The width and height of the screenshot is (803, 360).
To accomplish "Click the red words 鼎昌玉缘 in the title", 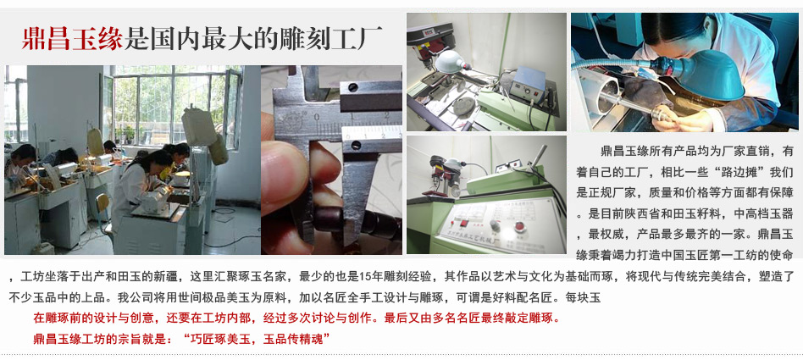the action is [x=72, y=38].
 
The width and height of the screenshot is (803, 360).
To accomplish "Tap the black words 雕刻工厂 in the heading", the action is [x=330, y=38].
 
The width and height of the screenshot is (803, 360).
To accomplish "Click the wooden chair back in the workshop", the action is [x=102, y=203].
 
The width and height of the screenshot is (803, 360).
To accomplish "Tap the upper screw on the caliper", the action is [x=353, y=87].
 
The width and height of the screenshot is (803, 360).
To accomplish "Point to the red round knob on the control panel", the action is [x=519, y=226].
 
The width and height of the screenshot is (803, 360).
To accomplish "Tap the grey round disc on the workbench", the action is [x=463, y=105].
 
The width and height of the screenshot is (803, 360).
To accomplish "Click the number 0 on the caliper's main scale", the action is [x=318, y=117].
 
